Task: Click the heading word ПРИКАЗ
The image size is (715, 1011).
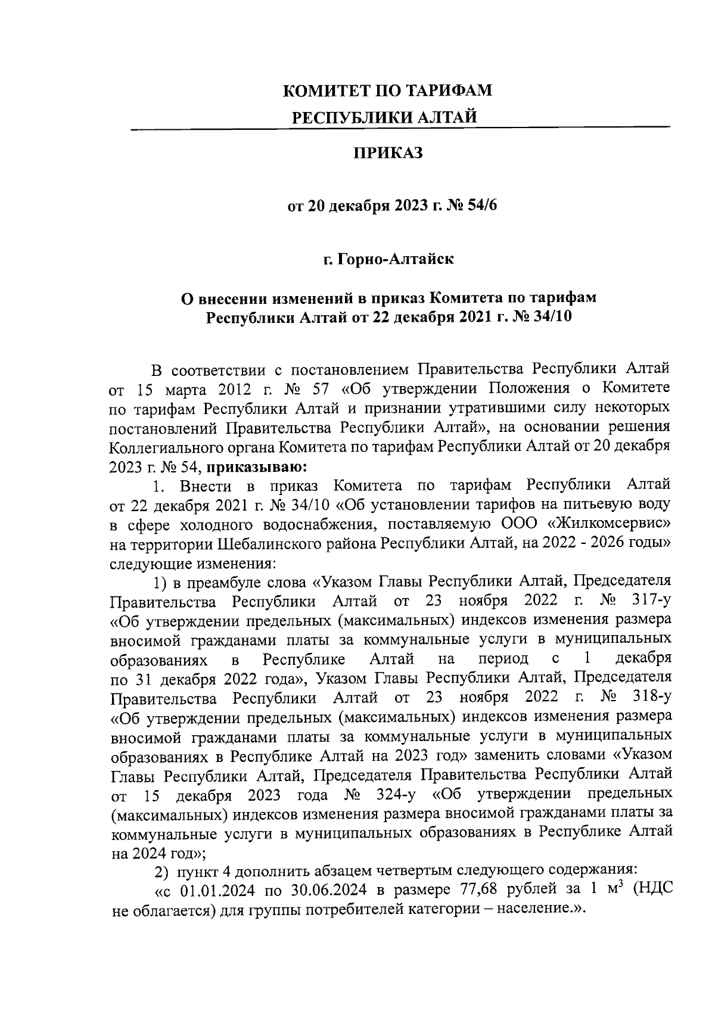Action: pyautogui.click(x=388, y=154)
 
